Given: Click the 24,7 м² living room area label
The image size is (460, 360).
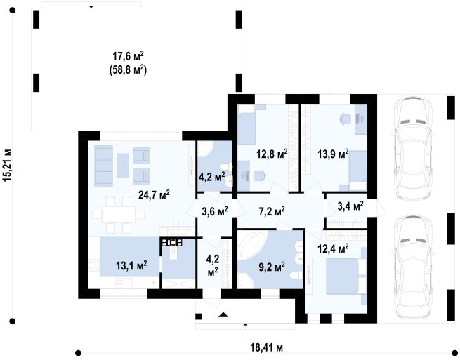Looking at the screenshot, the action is (154, 194).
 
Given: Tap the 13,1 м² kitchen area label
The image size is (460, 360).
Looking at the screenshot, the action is (131, 266).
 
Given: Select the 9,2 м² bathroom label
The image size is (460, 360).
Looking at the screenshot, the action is (272, 267).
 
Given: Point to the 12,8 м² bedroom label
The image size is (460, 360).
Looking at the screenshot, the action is (272, 153).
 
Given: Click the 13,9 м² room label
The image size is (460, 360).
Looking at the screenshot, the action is (334, 153).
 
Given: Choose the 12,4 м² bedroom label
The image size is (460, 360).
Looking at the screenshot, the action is (334, 249).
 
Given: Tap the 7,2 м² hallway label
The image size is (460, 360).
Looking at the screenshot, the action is (272, 211).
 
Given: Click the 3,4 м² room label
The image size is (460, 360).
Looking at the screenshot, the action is (350, 206).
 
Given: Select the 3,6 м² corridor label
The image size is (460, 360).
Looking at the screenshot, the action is (215, 211).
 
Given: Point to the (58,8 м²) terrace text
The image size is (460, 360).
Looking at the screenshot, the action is (128, 70).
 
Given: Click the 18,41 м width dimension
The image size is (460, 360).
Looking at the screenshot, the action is (267, 348).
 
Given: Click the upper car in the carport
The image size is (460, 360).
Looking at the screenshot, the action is (413, 147).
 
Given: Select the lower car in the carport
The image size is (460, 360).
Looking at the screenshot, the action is (413, 267).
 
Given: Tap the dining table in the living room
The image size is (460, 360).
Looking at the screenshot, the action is (119, 215).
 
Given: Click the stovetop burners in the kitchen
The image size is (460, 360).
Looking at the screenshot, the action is (171, 242).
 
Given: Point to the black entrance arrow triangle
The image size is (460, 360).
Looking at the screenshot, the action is (223, 315).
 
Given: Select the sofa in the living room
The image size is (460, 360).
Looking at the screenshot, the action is (103, 166).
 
